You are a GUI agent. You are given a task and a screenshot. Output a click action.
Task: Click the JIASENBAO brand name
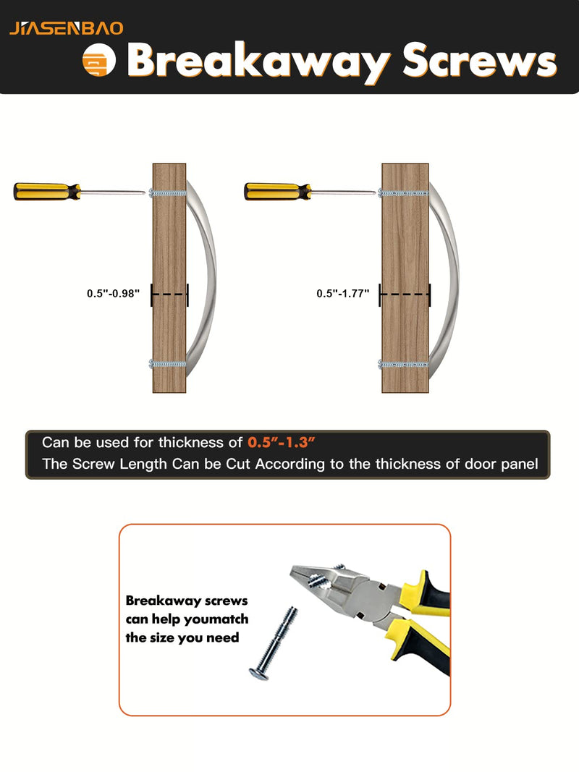pos(67,28)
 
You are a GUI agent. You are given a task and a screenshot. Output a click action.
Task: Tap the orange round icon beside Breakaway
pos(99,61)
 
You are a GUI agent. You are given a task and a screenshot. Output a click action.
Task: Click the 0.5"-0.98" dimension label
pos(113,294)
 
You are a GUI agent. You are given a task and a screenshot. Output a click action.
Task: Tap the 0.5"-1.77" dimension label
pos(342,294)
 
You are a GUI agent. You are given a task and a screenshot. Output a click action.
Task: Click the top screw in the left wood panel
pos(167,193)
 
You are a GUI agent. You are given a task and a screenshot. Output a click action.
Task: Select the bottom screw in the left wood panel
pos(167,365)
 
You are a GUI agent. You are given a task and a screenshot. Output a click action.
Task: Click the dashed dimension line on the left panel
pos(169,294)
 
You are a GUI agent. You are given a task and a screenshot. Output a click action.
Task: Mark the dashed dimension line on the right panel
pos(405,294)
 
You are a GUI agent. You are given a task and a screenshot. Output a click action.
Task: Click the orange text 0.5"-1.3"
pos(281,442)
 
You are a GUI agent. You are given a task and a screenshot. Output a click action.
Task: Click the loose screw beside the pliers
pos(274,643)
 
